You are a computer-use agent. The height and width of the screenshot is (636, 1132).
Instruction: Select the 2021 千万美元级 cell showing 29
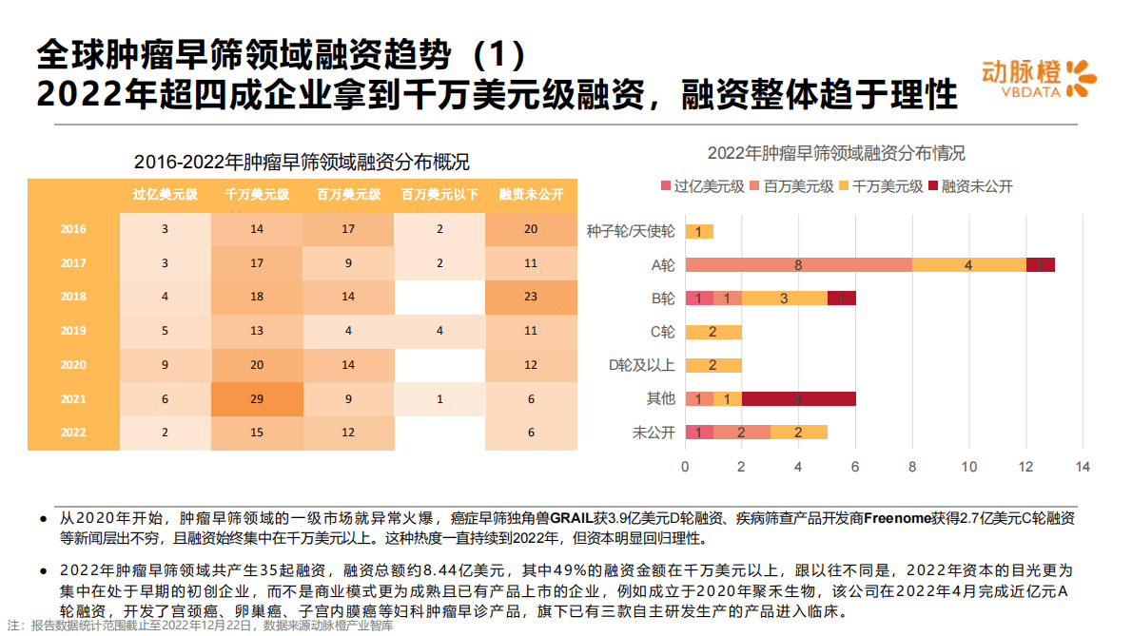[x=257, y=398]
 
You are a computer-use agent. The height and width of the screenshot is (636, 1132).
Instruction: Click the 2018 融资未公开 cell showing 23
[x=531, y=297]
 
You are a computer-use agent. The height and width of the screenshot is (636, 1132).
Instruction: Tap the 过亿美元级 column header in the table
[x=165, y=195]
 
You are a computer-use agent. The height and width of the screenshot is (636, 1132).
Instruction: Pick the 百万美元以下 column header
[x=439, y=195]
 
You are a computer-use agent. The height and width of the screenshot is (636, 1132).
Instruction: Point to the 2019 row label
[x=73, y=331]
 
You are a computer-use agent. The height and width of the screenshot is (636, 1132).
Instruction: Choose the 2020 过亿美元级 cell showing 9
[x=165, y=365]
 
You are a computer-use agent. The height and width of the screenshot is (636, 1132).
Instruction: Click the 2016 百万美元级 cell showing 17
[x=348, y=229]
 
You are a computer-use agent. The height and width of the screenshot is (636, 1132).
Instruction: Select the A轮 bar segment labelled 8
[x=798, y=265]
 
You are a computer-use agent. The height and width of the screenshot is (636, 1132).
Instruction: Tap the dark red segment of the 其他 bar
[x=798, y=399]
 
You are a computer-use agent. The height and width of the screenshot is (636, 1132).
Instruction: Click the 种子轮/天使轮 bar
[x=699, y=232]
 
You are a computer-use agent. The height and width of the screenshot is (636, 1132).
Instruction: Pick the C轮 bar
[x=713, y=332]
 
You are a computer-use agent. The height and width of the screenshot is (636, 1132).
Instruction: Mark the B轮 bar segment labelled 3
[x=784, y=299]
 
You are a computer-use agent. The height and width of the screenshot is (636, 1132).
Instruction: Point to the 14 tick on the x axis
[x=1083, y=467]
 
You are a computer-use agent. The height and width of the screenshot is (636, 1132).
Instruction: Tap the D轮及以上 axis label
[x=641, y=365]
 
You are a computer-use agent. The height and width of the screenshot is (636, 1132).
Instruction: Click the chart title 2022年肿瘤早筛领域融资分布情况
[x=836, y=153]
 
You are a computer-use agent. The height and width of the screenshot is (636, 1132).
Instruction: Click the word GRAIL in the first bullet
[x=572, y=519]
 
